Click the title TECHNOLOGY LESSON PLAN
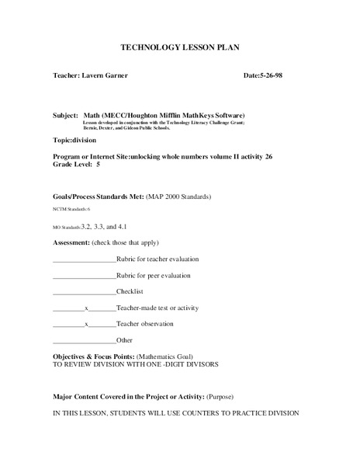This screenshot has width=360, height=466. point(180,47)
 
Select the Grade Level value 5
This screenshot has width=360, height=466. point(98,165)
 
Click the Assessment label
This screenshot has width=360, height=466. point(71,242)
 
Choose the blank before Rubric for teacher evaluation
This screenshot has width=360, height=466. point(84,259)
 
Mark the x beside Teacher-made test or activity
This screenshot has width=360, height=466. point(87,308)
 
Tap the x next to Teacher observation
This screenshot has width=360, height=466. point(87,324)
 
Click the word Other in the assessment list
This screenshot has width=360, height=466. point(124,340)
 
